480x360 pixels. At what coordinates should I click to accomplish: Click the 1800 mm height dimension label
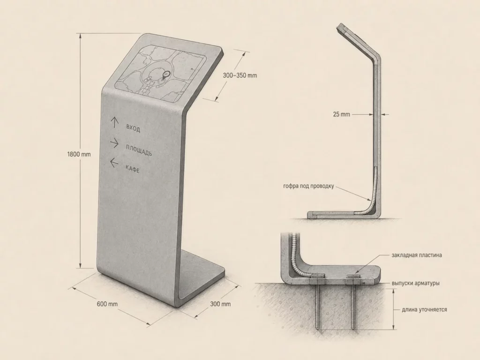coord(79,154)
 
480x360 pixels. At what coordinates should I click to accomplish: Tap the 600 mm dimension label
coord(107,304)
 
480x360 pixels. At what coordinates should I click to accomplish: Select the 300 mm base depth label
coord(220,304)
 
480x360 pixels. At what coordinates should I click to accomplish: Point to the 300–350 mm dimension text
coord(240,75)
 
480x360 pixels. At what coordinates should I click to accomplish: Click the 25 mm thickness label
coord(341,114)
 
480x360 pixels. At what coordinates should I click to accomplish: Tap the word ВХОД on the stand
coord(133,128)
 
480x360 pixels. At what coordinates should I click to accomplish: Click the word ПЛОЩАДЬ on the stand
coord(139,150)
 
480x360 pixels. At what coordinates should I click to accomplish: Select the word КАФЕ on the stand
coord(132,168)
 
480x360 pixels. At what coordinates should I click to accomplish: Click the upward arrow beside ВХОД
coord(114,122)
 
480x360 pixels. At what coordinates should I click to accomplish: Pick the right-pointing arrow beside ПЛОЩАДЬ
coord(114,143)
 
